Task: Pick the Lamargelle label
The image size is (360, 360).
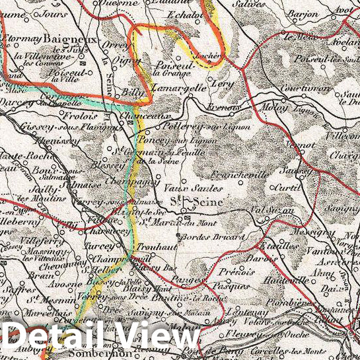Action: pos(178,87)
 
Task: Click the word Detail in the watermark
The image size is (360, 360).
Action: pos(59,338)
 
